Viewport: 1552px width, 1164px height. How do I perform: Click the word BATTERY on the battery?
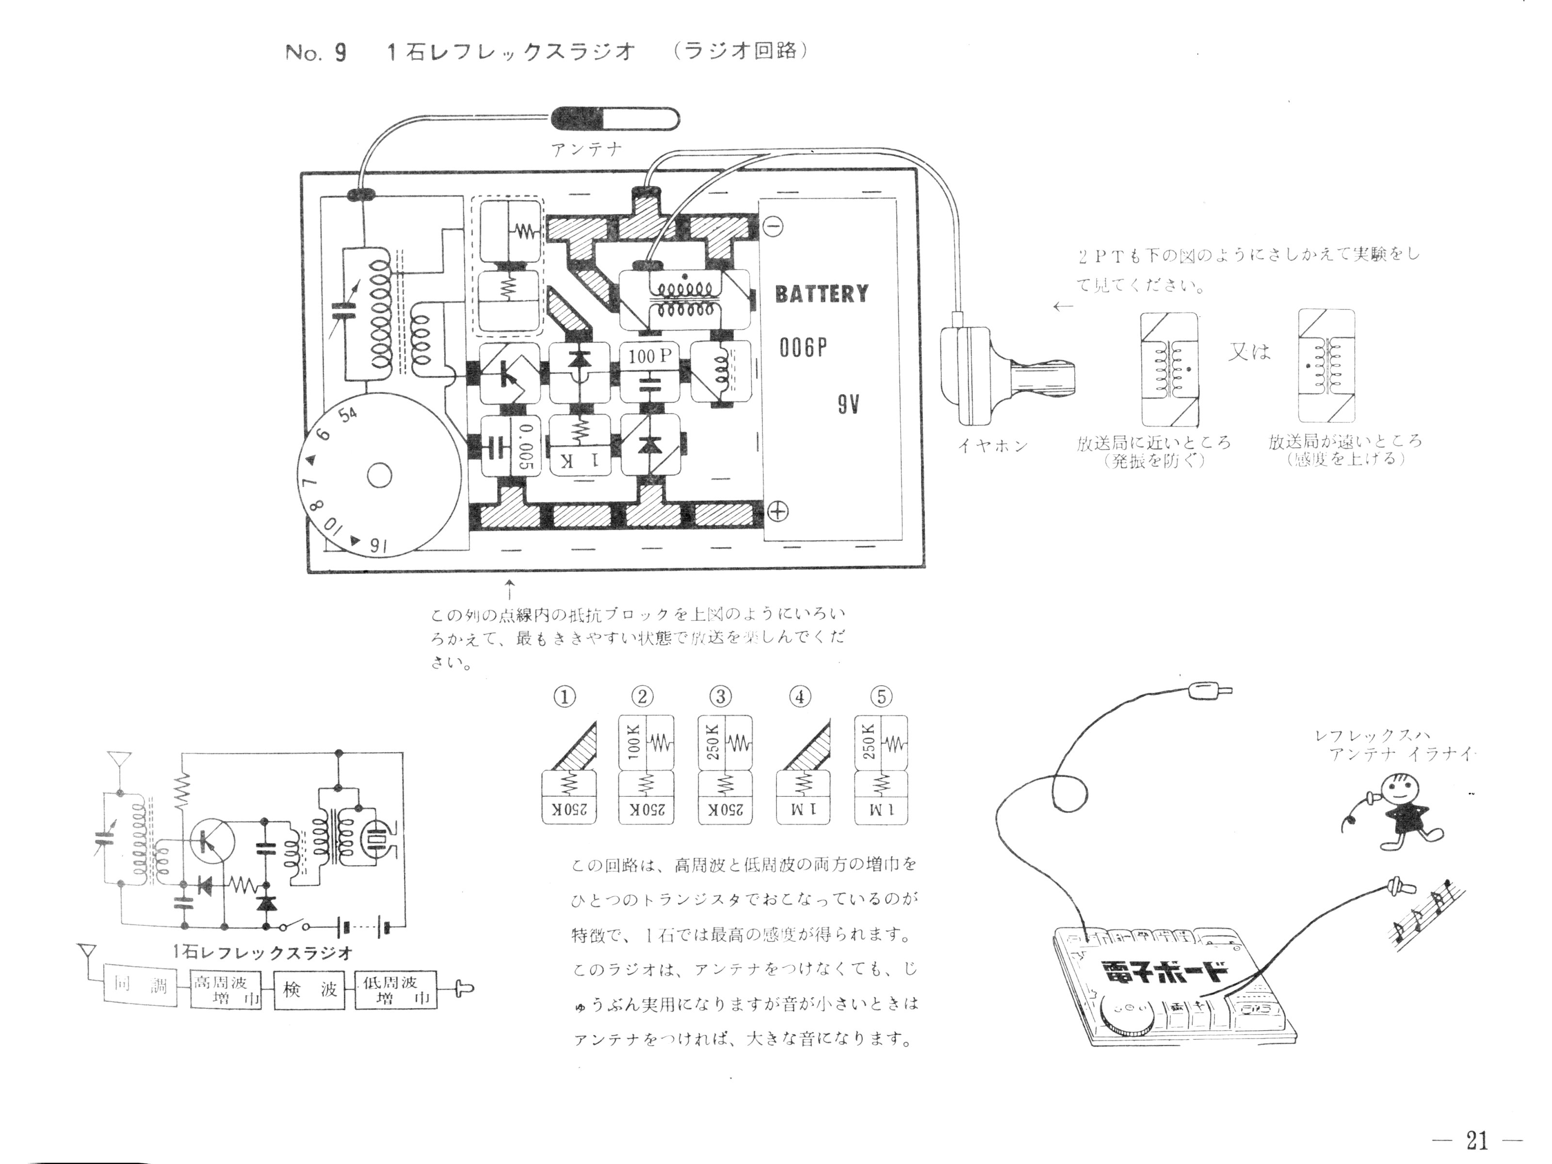(x=821, y=293)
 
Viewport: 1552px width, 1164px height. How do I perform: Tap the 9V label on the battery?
(x=848, y=405)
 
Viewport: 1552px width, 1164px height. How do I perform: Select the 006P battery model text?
(x=803, y=347)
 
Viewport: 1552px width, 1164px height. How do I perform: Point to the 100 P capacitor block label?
(x=650, y=357)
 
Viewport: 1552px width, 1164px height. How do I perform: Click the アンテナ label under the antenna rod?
(x=586, y=149)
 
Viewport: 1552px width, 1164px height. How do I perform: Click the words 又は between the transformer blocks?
(x=1249, y=351)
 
